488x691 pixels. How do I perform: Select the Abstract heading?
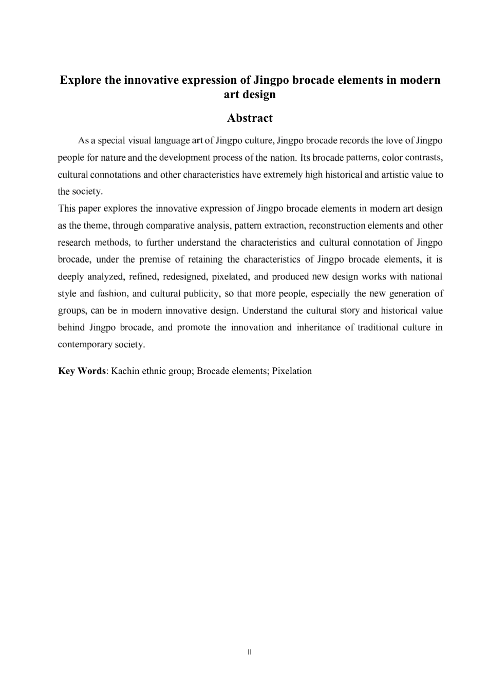point(250,118)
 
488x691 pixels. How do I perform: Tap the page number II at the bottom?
point(250,652)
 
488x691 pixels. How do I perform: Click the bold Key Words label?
point(82,371)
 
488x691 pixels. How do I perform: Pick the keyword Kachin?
point(125,371)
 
